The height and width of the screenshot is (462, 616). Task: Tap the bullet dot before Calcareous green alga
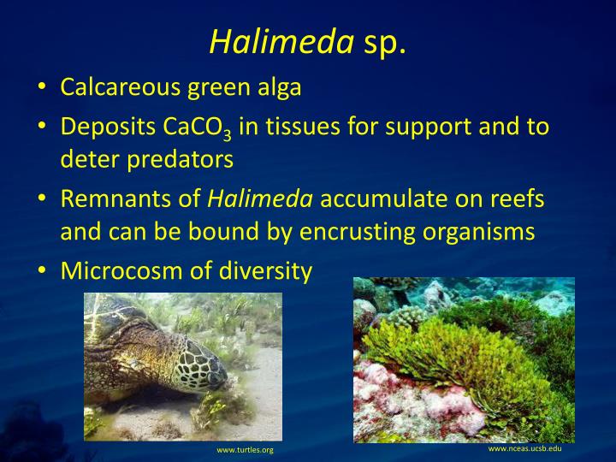42,89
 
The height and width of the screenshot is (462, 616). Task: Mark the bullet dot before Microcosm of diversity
42,272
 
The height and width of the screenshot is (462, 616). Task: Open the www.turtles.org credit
245,449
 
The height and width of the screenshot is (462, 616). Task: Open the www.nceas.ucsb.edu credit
524,448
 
